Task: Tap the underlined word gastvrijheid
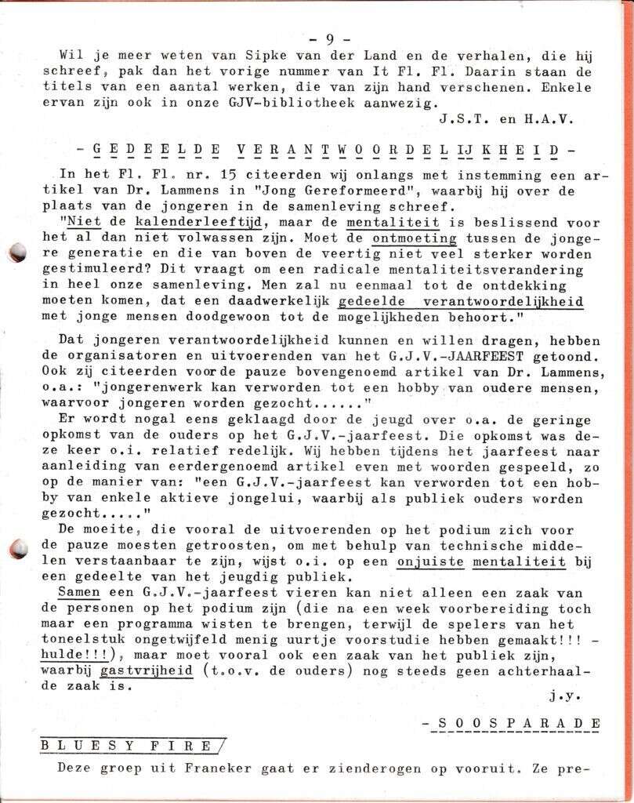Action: [x=149, y=670]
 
